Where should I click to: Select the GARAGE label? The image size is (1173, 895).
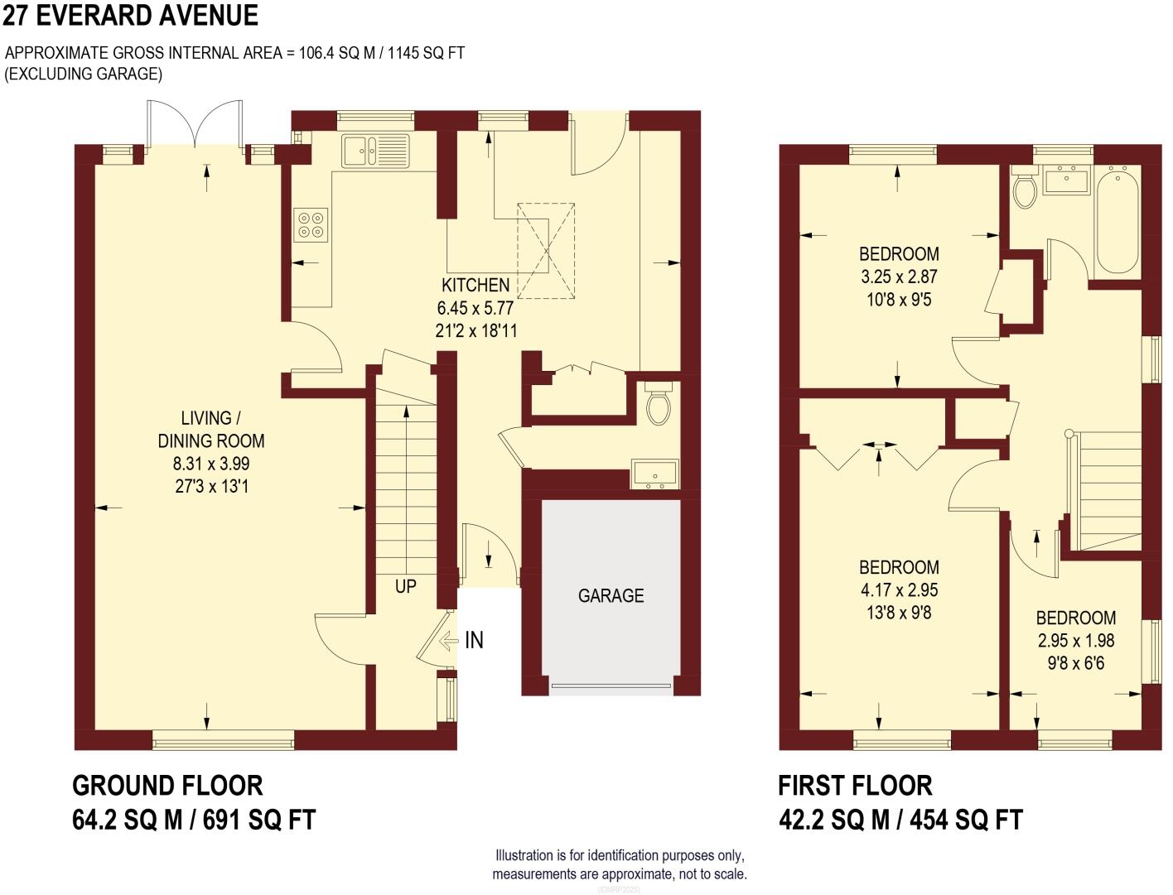pyautogui.click(x=611, y=596)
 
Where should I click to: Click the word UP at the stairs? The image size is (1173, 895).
pyautogui.click(x=405, y=586)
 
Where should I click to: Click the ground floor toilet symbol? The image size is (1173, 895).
pyautogui.click(x=659, y=406)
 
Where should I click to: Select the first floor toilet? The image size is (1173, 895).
pyautogui.click(x=1026, y=190)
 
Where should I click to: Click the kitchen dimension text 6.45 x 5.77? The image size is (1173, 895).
pyautogui.click(x=475, y=308)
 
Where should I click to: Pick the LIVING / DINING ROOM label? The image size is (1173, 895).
pyautogui.click(x=211, y=429)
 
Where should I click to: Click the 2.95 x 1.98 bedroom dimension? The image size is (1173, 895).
pyautogui.click(x=1076, y=641)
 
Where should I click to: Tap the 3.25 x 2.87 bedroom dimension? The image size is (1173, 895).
pyautogui.click(x=899, y=277)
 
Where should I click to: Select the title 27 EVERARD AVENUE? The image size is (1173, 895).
pyautogui.click(x=130, y=15)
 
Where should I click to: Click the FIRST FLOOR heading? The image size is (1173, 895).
pyautogui.click(x=855, y=785)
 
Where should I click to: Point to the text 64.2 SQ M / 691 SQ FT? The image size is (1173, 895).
pyautogui.click(x=195, y=820)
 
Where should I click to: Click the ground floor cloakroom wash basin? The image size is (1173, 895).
pyautogui.click(x=654, y=474)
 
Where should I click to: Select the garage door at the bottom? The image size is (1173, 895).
pyautogui.click(x=611, y=686)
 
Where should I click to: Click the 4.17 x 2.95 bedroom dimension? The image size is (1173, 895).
pyautogui.click(x=899, y=590)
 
